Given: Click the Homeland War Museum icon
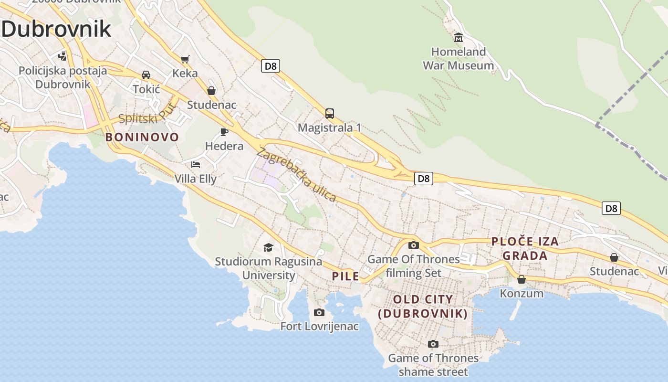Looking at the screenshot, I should [x=459, y=37].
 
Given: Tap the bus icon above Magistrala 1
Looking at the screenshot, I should [x=329, y=114].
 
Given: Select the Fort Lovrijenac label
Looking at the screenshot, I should [x=319, y=327].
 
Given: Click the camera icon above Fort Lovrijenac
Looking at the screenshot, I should [x=319, y=312].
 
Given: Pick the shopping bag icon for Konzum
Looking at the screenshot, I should [x=522, y=279].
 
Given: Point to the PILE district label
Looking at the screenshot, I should [x=345, y=276].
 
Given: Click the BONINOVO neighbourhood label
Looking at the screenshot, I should [x=142, y=138].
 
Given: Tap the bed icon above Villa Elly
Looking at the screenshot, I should [x=195, y=165].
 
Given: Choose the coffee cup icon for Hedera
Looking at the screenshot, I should [x=224, y=132].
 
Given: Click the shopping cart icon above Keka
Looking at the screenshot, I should [x=185, y=60].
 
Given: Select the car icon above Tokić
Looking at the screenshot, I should [x=146, y=75].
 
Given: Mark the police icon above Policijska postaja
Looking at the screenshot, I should [x=62, y=56].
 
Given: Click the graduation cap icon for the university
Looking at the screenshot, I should [x=268, y=247].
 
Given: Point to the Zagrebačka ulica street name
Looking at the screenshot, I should [x=296, y=175].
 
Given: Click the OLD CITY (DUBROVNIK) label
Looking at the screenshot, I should [x=423, y=307].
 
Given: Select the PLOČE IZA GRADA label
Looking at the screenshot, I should [x=525, y=248].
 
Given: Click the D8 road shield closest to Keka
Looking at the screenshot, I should [x=270, y=66].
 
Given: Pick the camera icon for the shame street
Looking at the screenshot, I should [x=433, y=344].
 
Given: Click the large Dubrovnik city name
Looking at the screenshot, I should [x=56, y=30].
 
